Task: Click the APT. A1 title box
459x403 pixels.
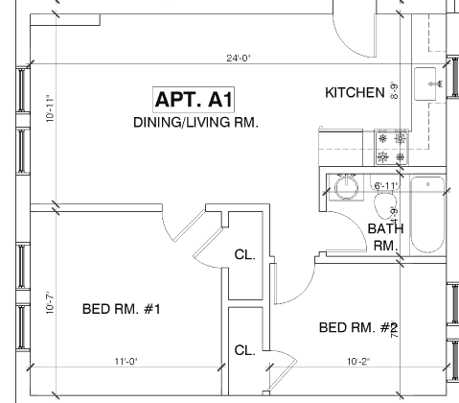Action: (195, 99)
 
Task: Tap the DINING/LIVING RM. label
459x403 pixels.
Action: (195, 123)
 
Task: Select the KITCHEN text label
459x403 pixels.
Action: (355, 93)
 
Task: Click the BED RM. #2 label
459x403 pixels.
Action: (357, 328)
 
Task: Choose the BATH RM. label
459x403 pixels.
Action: (384, 236)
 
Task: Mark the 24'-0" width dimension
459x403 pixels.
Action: (239, 59)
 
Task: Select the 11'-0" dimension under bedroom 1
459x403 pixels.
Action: (126, 361)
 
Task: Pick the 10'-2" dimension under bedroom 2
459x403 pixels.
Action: (357, 361)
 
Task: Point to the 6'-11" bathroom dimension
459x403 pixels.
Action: (385, 185)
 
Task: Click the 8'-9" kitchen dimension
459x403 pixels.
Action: (394, 92)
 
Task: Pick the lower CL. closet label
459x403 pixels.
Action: (244, 350)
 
